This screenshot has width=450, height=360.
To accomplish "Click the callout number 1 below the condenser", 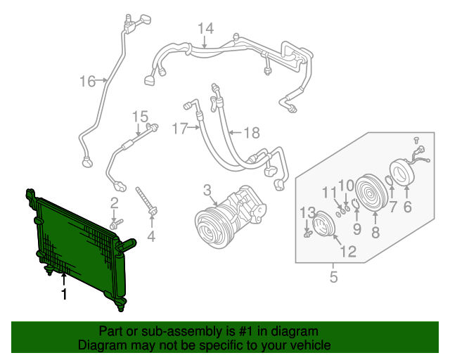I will point(64,295).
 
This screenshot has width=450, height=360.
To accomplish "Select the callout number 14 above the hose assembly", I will point(205,29).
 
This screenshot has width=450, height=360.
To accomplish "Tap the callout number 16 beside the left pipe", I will point(87,82).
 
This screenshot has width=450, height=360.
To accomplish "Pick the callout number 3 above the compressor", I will point(207,190).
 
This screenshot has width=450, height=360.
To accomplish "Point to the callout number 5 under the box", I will point(333,277).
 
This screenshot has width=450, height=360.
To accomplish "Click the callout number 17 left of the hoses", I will point(180,129).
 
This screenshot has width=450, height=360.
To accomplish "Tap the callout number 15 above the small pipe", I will point(140,117).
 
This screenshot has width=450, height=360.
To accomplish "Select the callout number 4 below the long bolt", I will point(151,236).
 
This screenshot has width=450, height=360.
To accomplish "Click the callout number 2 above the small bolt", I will point(114,204).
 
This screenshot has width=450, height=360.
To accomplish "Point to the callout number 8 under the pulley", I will point(375,231).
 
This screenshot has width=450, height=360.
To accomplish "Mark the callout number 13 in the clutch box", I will point(307,212).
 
